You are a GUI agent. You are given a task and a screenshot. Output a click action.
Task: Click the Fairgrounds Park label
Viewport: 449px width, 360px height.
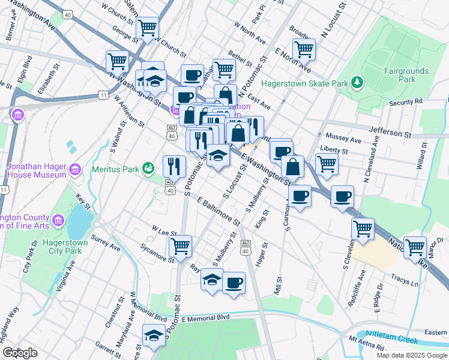coord(408,75)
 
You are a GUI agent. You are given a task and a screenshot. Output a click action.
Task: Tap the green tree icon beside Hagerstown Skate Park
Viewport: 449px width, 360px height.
coord(357,81)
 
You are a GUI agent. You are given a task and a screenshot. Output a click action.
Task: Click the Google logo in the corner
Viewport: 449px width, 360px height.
coord(20,353)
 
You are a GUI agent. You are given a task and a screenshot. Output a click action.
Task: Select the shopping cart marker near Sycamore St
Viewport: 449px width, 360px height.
coord(180,245)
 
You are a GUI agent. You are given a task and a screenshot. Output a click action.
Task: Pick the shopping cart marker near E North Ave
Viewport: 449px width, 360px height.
coord(304,50)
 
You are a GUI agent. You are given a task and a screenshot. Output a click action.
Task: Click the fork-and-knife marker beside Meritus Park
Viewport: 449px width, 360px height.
coord(174,166)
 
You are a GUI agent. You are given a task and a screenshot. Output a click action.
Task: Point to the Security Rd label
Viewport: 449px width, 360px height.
coord(406,102)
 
